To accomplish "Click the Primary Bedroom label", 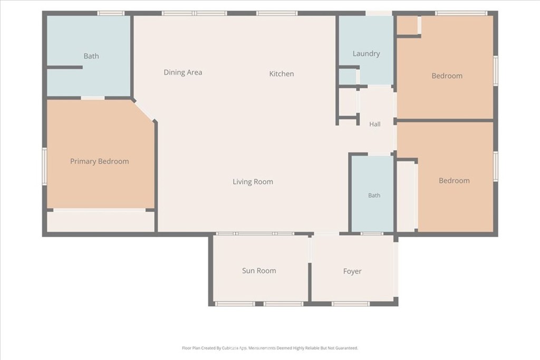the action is pyautogui.click(x=100, y=161).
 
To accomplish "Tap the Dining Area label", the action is pyautogui.click(x=183, y=72).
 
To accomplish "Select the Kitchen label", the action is pyautogui.click(x=282, y=74).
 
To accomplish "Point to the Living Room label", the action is pyautogui.click(x=253, y=182).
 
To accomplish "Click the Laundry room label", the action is pyautogui.click(x=366, y=54).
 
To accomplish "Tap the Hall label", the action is pyautogui.click(x=375, y=124).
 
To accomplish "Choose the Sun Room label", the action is pyautogui.click(x=259, y=271).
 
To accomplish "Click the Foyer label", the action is pyautogui.click(x=352, y=271).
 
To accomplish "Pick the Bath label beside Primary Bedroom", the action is pyautogui.click(x=91, y=56).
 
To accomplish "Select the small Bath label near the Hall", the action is pyautogui.click(x=374, y=196).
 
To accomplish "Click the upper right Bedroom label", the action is pyautogui.click(x=447, y=76).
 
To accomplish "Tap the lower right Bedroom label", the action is pyautogui.click(x=454, y=181).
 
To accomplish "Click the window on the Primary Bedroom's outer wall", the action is pyautogui.click(x=44, y=166).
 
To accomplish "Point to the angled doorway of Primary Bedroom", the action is pyautogui.click(x=144, y=110).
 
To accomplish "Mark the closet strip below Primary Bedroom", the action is pyautogui.click(x=101, y=221).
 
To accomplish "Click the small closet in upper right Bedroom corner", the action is pyautogui.click(x=408, y=25).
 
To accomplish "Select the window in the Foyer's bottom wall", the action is pyautogui.click(x=351, y=304).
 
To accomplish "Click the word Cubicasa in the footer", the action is pyautogui.click(x=230, y=348).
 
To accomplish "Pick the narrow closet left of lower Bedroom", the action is pyautogui.click(x=407, y=197).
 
